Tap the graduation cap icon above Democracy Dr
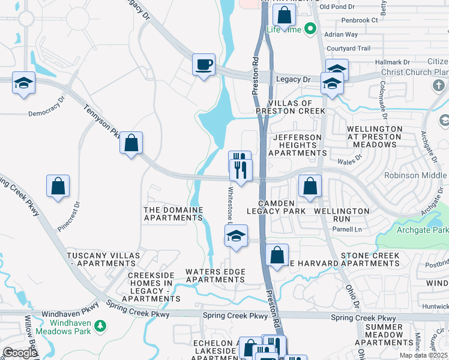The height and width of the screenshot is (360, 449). click(23, 83)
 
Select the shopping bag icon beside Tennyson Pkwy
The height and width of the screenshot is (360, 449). click(131, 143)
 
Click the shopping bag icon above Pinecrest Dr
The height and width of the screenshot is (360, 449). click(58, 186)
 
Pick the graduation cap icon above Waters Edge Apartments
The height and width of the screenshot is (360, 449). click(237, 236)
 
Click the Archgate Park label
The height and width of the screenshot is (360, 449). click(422, 230)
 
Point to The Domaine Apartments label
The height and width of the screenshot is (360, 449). click(173, 214)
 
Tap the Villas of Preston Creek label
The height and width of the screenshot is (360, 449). click(291, 107)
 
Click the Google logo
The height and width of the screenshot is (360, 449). click(20, 353)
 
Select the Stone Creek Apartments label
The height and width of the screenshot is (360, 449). click(370, 260)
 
